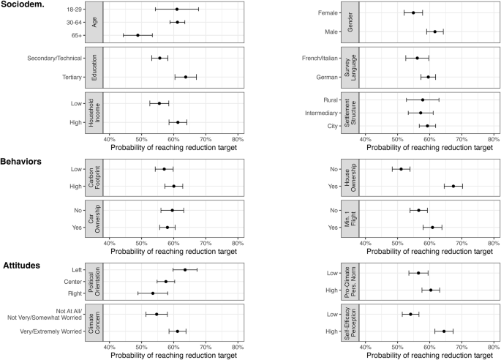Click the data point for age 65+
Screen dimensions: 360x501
coord(138,35)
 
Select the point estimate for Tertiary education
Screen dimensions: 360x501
coord(186,77)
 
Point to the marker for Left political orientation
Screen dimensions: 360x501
coord(185,269)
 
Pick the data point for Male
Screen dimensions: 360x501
coord(435,31)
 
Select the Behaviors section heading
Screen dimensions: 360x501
coord(30,160)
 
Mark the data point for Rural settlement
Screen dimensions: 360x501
coord(422,100)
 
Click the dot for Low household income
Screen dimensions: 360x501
coord(159,103)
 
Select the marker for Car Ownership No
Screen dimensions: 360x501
coord(173,210)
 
